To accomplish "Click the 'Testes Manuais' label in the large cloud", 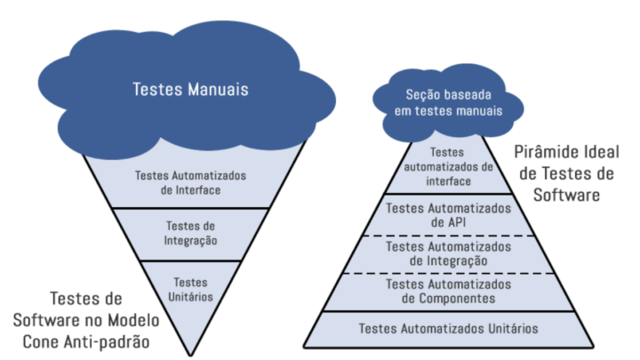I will click(x=190, y=89).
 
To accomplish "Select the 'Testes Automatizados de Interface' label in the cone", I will click(x=190, y=181).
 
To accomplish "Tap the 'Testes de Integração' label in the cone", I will click(x=190, y=233).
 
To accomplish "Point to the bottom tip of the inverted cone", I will click(x=191, y=353).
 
